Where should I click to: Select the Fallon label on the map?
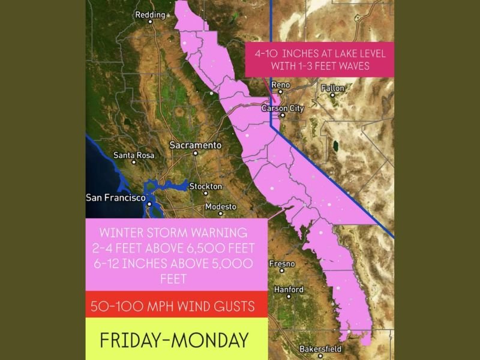point(333,88)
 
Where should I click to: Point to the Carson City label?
point(283,108)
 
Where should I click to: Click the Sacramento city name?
point(196,145)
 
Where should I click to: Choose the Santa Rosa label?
point(134,155)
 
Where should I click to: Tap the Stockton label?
point(206,186)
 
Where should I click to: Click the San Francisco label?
point(116,197)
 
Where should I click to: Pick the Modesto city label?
point(221,206)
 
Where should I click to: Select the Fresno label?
point(282,264)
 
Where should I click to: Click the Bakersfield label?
point(320,349)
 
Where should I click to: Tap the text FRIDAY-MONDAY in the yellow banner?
point(174,340)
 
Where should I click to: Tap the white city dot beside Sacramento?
point(195,153)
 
